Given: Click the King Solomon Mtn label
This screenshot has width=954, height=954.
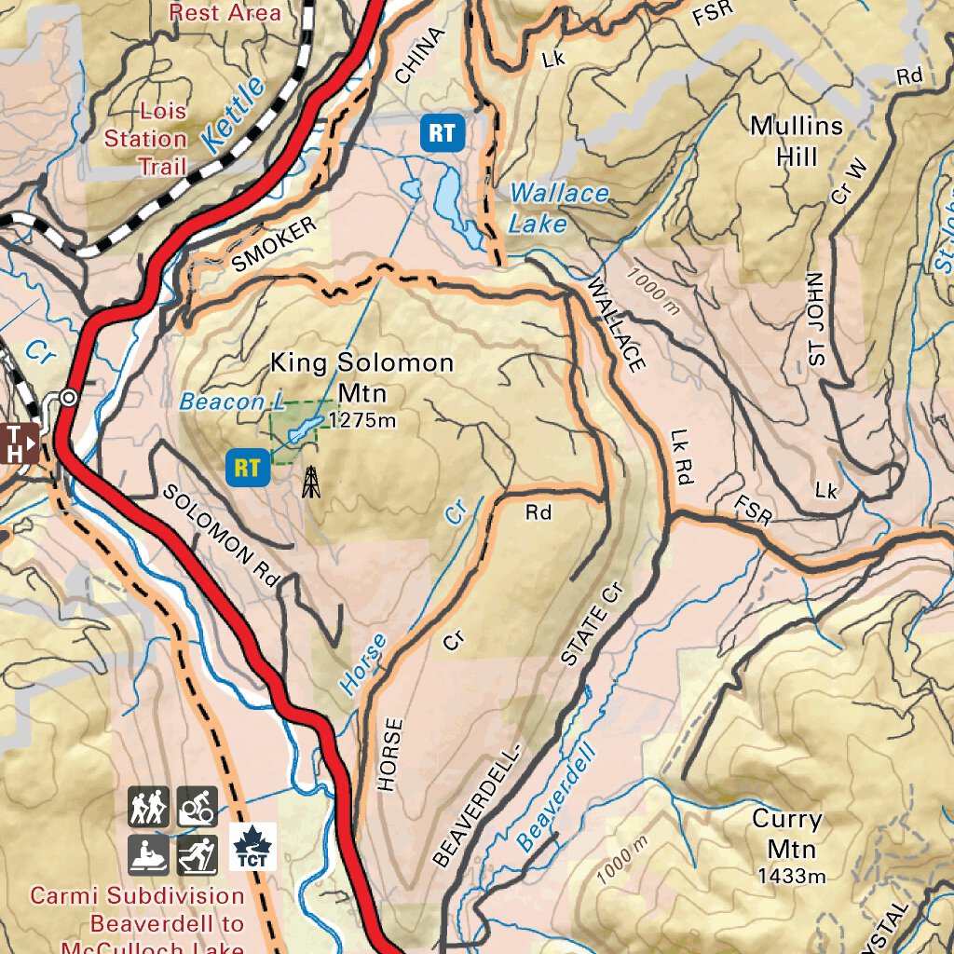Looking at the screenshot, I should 361,377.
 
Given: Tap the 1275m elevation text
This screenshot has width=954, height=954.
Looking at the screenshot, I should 362,420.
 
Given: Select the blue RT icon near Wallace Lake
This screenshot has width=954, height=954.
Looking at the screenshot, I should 442,133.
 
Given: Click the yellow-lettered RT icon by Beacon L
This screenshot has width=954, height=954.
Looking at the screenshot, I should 247,467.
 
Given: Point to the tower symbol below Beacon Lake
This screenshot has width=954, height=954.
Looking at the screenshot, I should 311,482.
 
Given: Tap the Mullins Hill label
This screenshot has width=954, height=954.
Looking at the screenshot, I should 796,141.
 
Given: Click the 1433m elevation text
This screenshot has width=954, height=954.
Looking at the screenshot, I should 791,876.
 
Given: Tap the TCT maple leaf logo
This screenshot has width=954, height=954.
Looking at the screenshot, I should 252,846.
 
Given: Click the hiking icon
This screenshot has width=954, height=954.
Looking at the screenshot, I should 148,807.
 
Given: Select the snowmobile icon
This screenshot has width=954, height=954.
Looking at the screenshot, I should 148,854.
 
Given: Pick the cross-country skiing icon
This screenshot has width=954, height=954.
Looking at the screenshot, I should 198,854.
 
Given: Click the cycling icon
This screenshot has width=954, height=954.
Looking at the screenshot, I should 198,807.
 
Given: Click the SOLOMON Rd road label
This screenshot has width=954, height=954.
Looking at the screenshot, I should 221,536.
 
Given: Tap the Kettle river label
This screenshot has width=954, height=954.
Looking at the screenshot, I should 232,116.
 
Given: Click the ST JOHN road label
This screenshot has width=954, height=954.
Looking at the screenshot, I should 816,324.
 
